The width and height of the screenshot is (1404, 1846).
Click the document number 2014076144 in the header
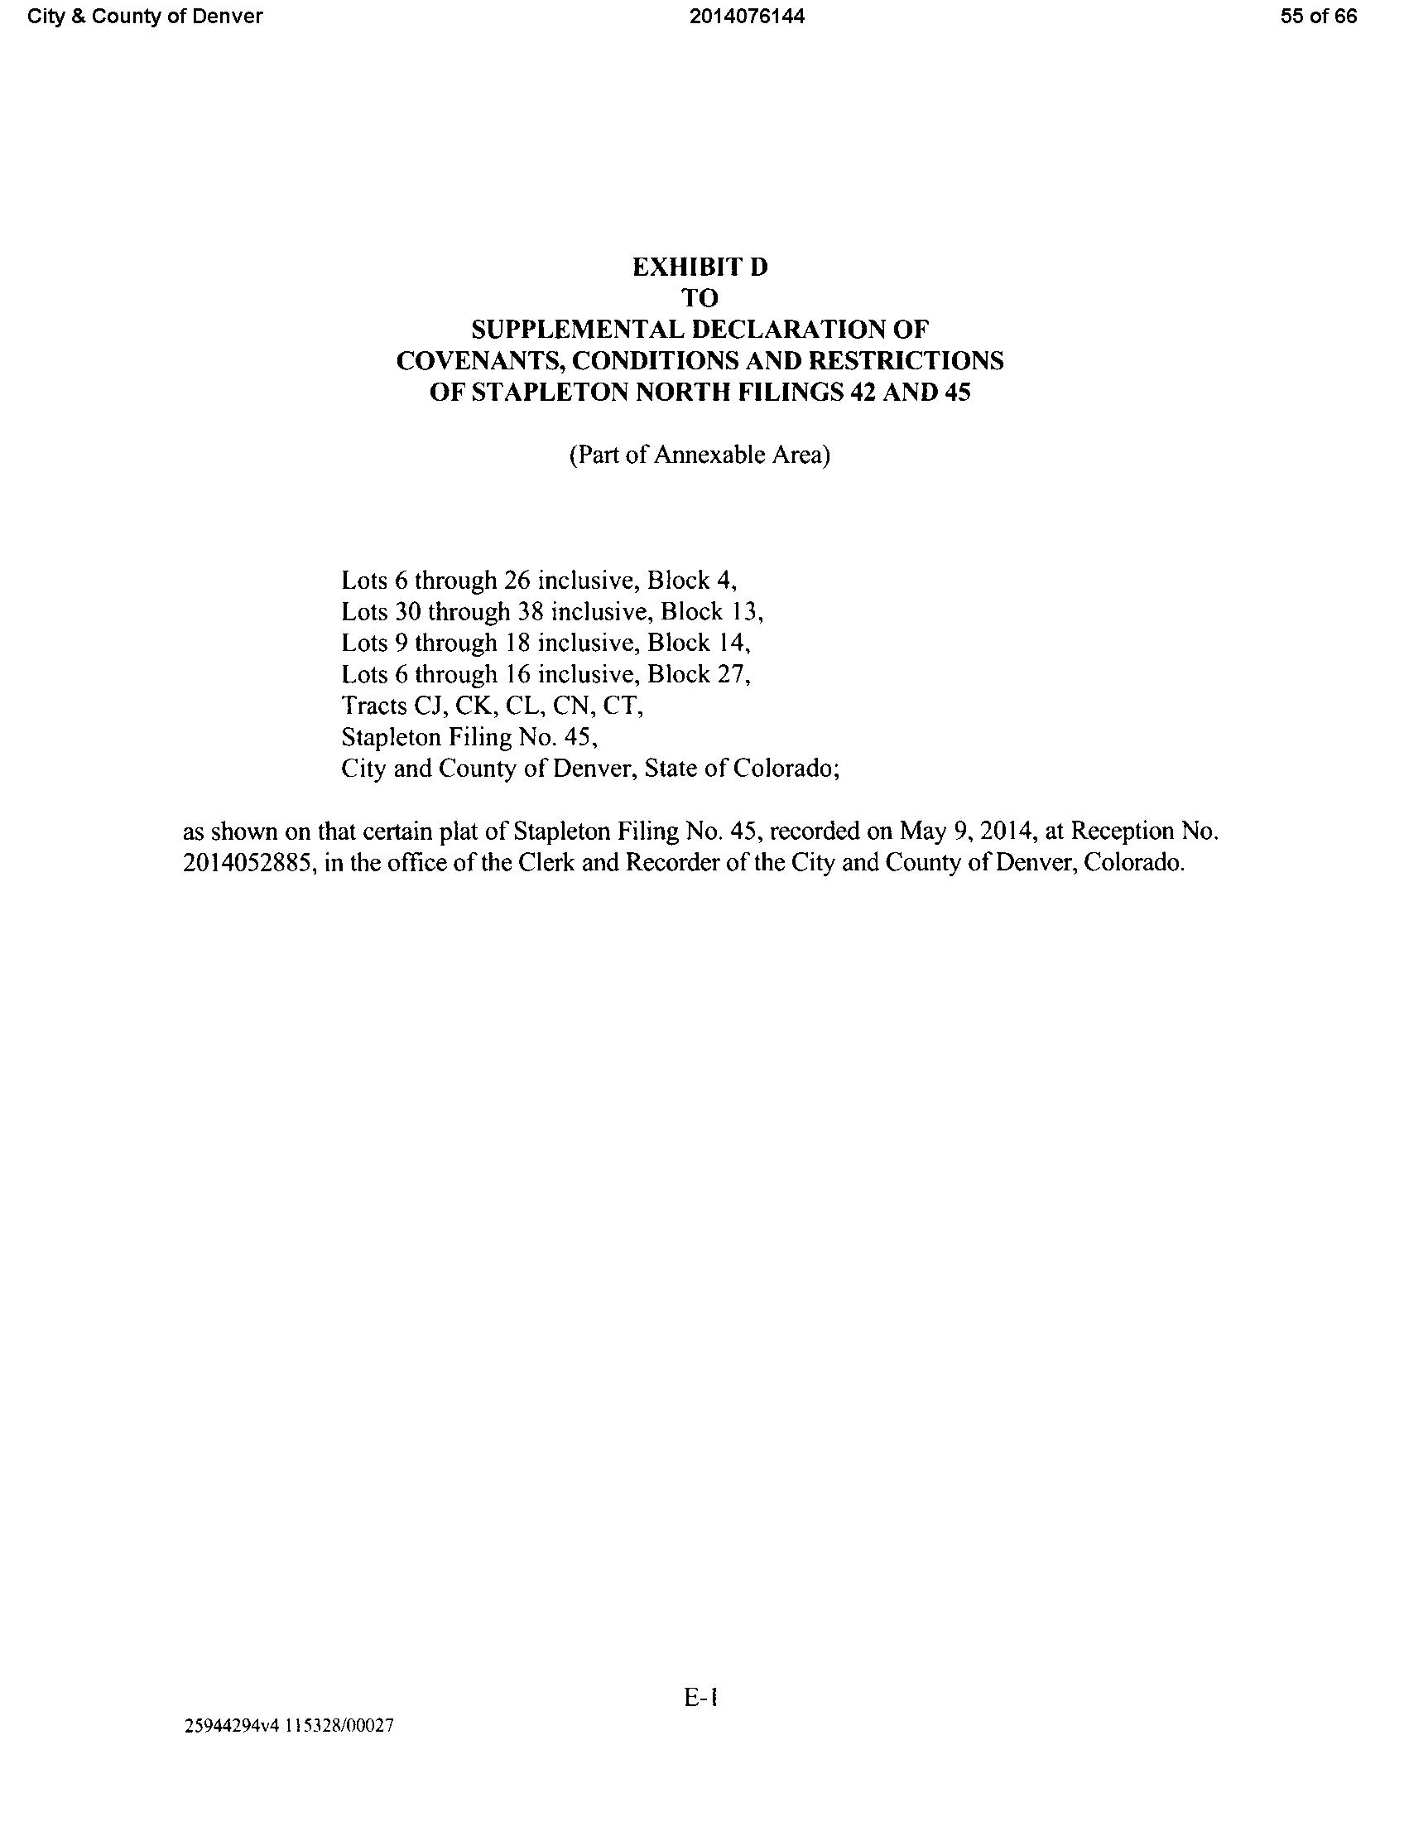pyautogui.click(x=748, y=17)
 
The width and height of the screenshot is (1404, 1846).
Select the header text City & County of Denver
pyautogui.click(x=145, y=17)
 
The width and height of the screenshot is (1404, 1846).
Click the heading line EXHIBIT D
pyautogui.click(x=700, y=268)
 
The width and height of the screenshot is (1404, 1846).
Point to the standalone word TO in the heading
pyautogui.click(x=700, y=298)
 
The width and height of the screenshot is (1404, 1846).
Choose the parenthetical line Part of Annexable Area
pyautogui.click(x=700, y=455)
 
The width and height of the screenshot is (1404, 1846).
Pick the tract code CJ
pyautogui.click(x=430, y=706)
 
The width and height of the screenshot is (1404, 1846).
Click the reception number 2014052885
pyautogui.click(x=248, y=863)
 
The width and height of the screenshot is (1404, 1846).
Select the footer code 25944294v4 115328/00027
pyautogui.click(x=288, y=1726)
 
